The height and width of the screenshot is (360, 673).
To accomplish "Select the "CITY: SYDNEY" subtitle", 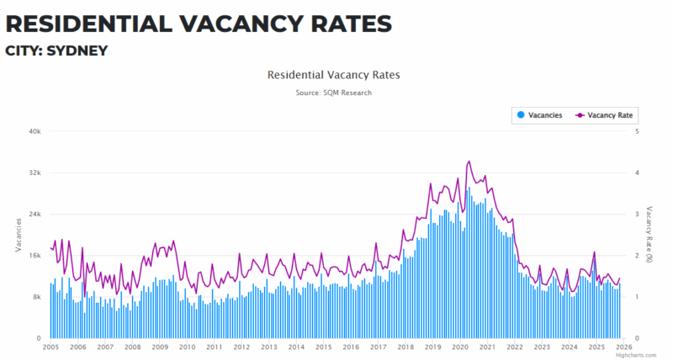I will (x=56, y=51).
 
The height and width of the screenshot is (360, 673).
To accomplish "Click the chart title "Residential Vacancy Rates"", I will (x=333, y=75).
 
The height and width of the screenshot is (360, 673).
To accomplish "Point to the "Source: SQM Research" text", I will (x=333, y=93).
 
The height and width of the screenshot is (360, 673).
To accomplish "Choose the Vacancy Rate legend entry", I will (x=604, y=115).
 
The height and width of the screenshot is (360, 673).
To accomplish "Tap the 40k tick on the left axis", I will (x=34, y=131).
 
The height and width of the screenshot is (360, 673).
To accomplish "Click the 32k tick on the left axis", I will (x=34, y=172).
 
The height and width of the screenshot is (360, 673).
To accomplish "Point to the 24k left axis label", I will (x=34, y=214).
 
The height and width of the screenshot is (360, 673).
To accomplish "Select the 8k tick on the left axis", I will (x=36, y=297).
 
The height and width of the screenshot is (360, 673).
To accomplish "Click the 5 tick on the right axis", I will (x=637, y=131).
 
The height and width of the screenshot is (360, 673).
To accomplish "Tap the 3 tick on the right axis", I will (x=637, y=214).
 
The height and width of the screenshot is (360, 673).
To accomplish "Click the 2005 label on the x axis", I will (x=50, y=347).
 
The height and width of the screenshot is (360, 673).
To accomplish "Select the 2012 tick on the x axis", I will (x=241, y=347).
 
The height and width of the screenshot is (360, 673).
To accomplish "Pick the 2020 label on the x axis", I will (x=460, y=347).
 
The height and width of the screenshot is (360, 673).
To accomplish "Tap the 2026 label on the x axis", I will (x=623, y=347).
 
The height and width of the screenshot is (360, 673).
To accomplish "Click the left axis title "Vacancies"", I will (x=19, y=235).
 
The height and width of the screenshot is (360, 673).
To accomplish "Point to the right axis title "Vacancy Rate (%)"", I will (x=649, y=235).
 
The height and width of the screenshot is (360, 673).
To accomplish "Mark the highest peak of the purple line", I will (x=469, y=161).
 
